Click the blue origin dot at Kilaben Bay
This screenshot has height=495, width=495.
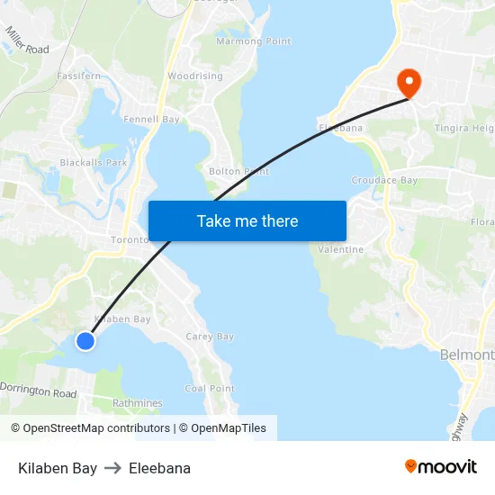(x=85, y=340)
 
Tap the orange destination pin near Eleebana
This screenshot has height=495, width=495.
(x=409, y=83)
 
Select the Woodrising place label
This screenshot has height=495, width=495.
(x=194, y=76)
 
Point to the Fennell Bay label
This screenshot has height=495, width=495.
(x=151, y=119)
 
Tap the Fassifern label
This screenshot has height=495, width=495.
(x=78, y=77)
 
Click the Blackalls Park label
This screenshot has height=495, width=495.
(x=94, y=163)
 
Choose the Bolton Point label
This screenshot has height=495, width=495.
(x=238, y=171)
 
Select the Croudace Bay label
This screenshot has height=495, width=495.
(x=384, y=181)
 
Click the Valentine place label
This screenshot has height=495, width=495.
(x=341, y=249)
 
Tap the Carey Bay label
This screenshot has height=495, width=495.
(x=210, y=337)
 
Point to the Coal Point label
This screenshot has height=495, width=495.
(x=210, y=389)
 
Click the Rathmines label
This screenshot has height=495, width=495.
(x=137, y=403)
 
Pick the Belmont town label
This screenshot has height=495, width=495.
(x=467, y=355)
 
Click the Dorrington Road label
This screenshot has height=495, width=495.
(x=38, y=390)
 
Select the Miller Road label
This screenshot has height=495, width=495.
(x=27, y=40)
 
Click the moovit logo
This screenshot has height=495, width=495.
(x=440, y=467)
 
